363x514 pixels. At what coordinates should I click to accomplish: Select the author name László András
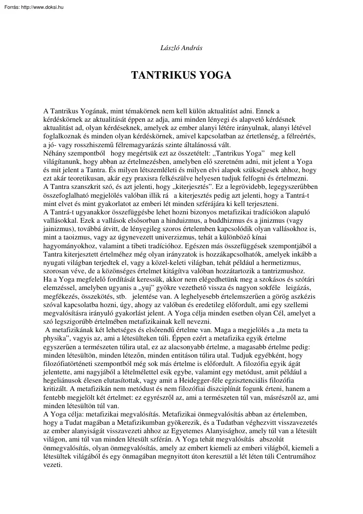point(181,47)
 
